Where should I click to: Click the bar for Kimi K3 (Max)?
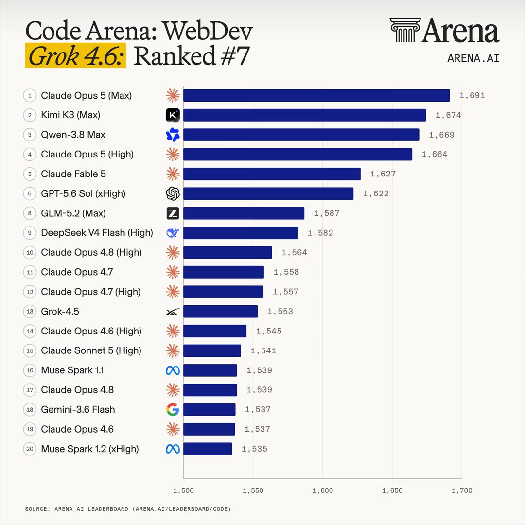point(304,115)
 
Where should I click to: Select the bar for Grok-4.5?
point(220,312)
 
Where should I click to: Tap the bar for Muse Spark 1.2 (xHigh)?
point(208,449)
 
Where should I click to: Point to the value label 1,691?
point(472,96)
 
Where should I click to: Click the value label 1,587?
point(327,213)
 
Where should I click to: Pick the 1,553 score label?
point(280,312)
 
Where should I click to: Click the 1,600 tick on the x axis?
point(322,490)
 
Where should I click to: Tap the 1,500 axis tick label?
point(183,490)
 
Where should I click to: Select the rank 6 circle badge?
point(30,193)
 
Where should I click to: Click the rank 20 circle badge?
point(30,449)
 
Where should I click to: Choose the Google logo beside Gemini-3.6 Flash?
point(173,409)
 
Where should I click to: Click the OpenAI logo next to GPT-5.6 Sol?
point(173,193)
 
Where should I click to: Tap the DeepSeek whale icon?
point(173,233)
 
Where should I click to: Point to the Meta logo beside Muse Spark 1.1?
point(173,370)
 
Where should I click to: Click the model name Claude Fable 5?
point(73,174)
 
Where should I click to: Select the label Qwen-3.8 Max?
point(73,135)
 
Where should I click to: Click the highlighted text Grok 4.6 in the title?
point(76,55)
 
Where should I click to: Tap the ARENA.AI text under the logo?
point(473,58)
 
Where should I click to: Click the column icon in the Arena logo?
point(405,30)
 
